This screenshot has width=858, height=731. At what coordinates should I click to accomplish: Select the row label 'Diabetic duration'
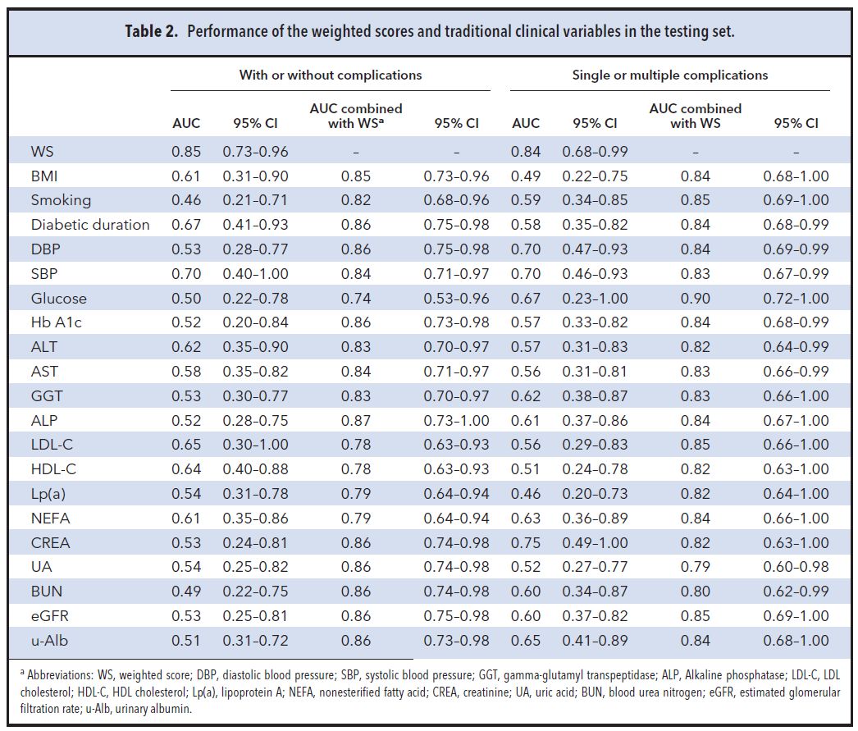pos(90,225)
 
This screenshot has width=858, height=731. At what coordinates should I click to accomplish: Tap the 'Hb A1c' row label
pos(57,322)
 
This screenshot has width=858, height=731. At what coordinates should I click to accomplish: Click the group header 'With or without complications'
pos(330,75)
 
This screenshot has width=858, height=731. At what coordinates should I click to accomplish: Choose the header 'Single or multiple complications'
pos(669,75)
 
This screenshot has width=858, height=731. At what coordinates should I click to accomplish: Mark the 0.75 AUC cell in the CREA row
pos(525,543)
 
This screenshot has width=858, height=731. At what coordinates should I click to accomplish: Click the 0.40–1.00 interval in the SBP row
pos(255,274)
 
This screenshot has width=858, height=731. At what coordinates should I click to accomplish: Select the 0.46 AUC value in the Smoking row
pos(185,200)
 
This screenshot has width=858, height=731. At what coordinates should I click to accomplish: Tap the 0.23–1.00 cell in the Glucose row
pos(595,299)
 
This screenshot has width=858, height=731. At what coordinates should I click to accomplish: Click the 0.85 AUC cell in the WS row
pos(185,152)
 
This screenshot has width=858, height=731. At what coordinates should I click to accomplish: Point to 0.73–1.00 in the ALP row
pos(456,421)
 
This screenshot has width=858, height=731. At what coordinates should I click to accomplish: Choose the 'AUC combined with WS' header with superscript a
pos(355,116)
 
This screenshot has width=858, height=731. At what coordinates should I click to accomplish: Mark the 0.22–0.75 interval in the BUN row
pos(255,592)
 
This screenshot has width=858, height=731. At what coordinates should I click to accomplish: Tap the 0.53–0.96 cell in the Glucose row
pos(456,299)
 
